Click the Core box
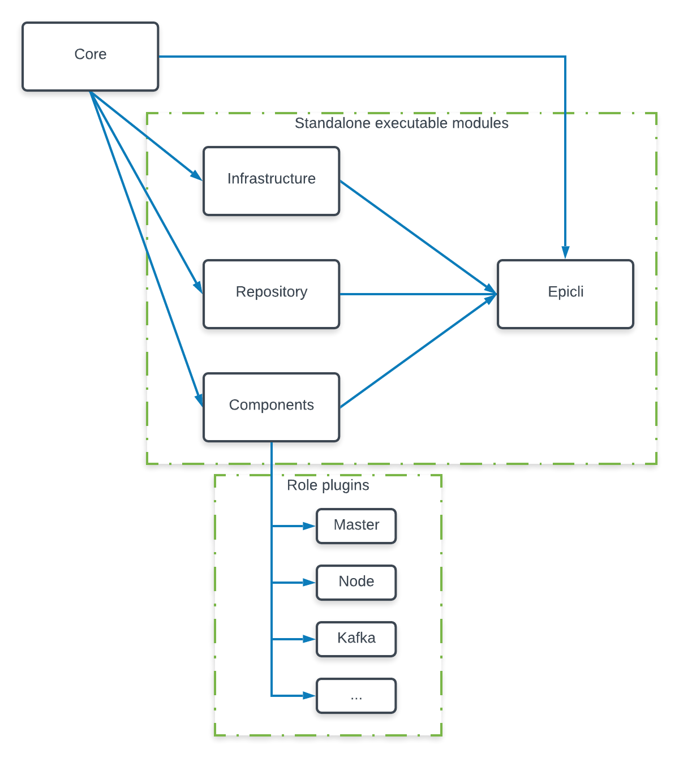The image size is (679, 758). [x=90, y=57]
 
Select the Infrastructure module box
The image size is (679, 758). [x=271, y=181]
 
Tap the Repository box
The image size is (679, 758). [x=271, y=294]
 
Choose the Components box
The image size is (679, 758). [x=271, y=407]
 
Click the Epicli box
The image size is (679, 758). [x=565, y=294]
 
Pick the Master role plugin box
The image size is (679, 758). [x=356, y=526]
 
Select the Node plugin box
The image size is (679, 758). [x=356, y=583]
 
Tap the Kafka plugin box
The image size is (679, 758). [x=356, y=639]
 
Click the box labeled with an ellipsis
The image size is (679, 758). [x=356, y=696]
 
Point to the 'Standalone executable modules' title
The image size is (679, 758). [x=401, y=123]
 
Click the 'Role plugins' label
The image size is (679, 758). [x=328, y=485]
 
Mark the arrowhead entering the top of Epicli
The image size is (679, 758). [x=565, y=252]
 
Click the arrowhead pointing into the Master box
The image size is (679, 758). [x=309, y=526]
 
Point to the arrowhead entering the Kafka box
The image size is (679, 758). [x=309, y=639]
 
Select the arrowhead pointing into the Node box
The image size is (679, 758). [x=309, y=583]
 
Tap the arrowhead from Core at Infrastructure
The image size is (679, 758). [x=196, y=176]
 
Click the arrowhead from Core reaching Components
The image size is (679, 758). [x=199, y=399]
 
